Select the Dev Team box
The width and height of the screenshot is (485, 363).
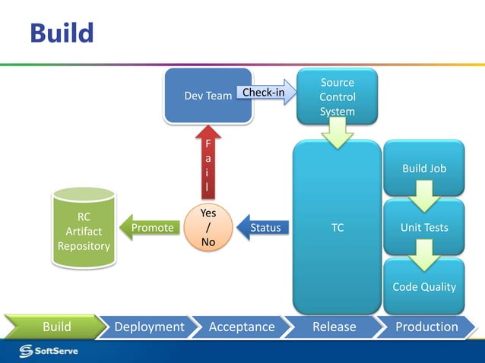(x=208, y=96)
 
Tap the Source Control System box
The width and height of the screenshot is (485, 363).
(x=337, y=97)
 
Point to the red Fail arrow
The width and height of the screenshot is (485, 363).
(x=208, y=163)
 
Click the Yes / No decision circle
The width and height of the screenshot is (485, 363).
(x=208, y=228)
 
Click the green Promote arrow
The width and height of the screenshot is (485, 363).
(x=149, y=227)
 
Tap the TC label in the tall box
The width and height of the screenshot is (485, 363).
(x=337, y=227)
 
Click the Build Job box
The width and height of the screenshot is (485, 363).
(x=424, y=168)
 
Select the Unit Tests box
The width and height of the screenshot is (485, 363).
(x=424, y=227)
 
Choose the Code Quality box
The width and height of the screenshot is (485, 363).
(x=424, y=286)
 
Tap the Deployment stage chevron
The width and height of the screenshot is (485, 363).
(x=149, y=327)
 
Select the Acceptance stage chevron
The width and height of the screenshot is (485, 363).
(x=242, y=327)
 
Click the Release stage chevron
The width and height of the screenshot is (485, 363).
(x=334, y=327)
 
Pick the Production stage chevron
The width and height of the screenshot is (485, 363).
(x=426, y=327)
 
